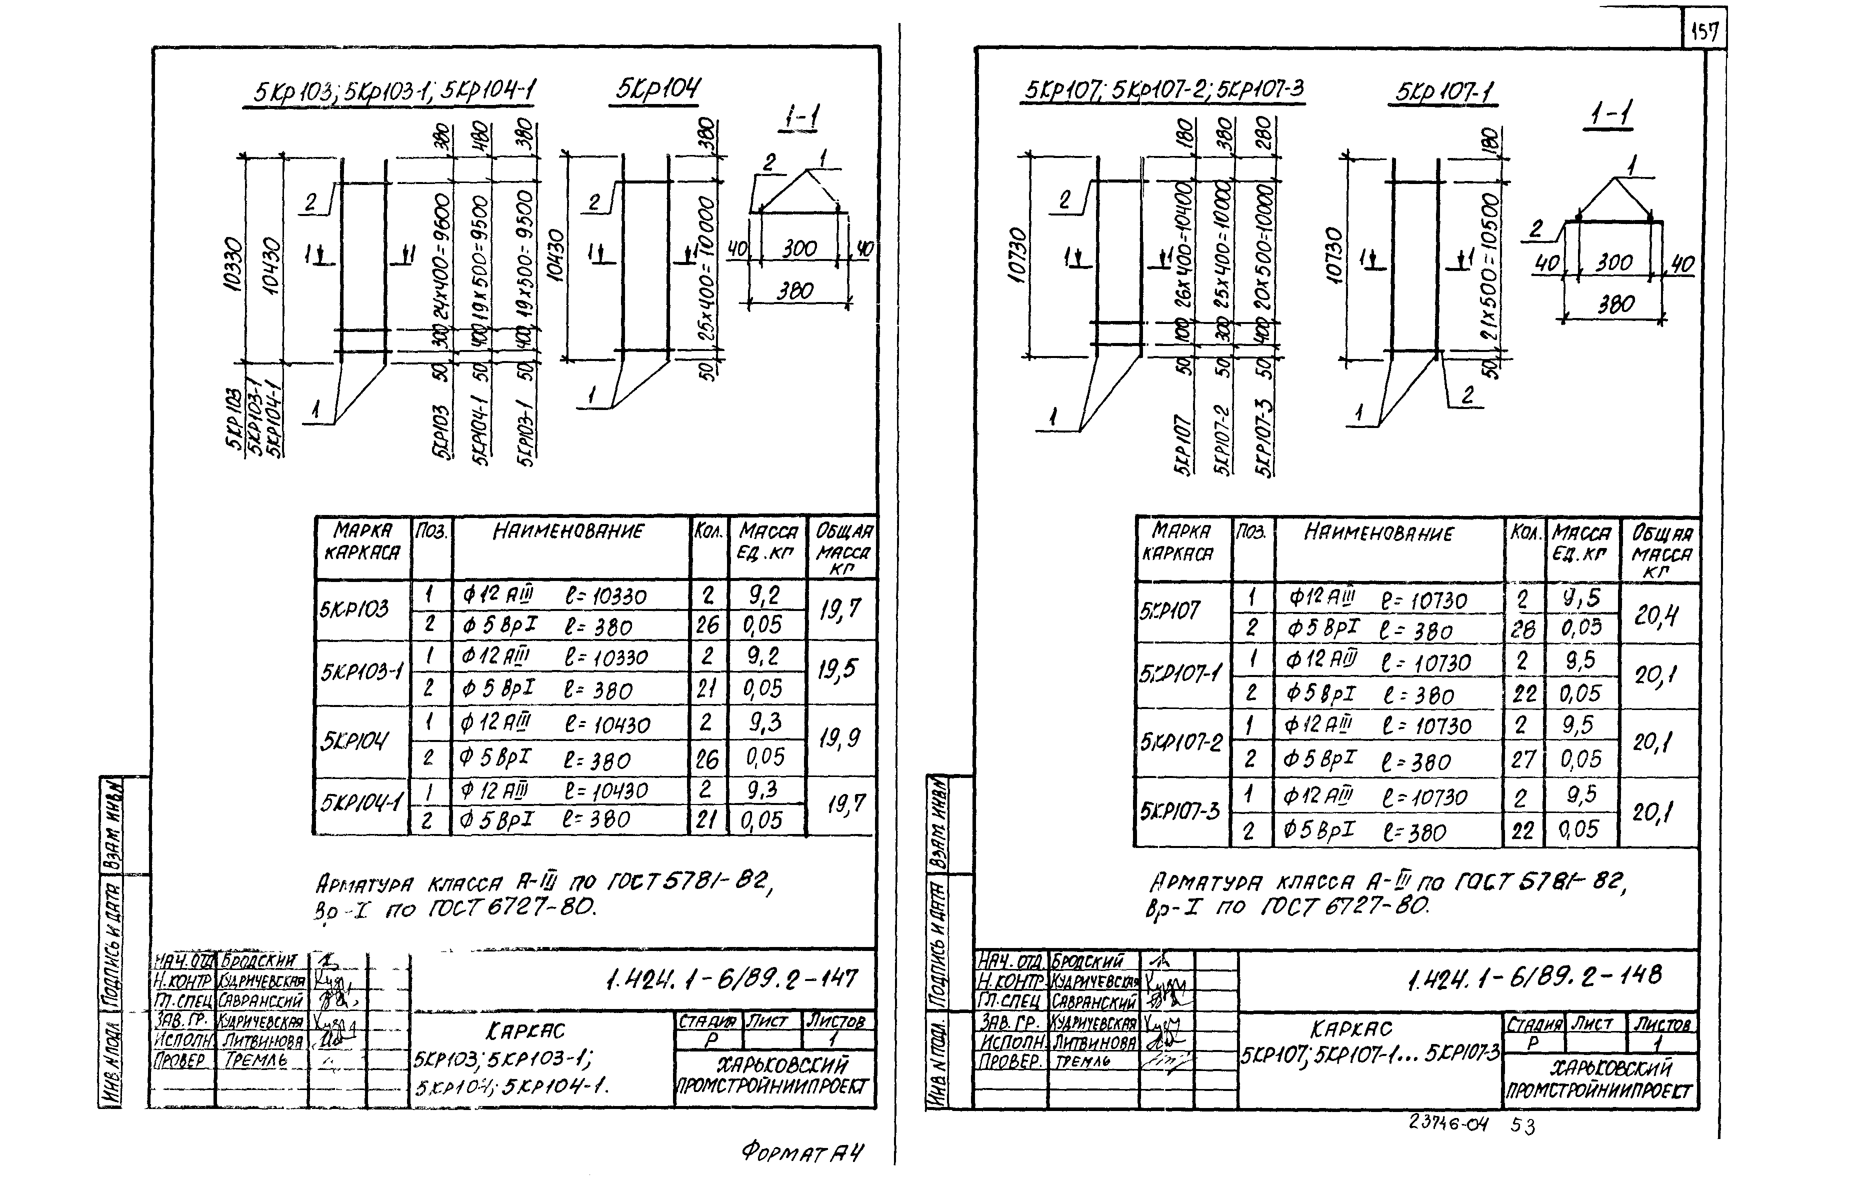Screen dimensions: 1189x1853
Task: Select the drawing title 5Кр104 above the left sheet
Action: (x=657, y=89)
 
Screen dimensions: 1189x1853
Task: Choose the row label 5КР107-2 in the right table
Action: (x=1181, y=742)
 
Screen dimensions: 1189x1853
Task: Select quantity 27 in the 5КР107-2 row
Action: (x=1522, y=759)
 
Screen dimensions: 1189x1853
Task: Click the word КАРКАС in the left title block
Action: (x=526, y=1030)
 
